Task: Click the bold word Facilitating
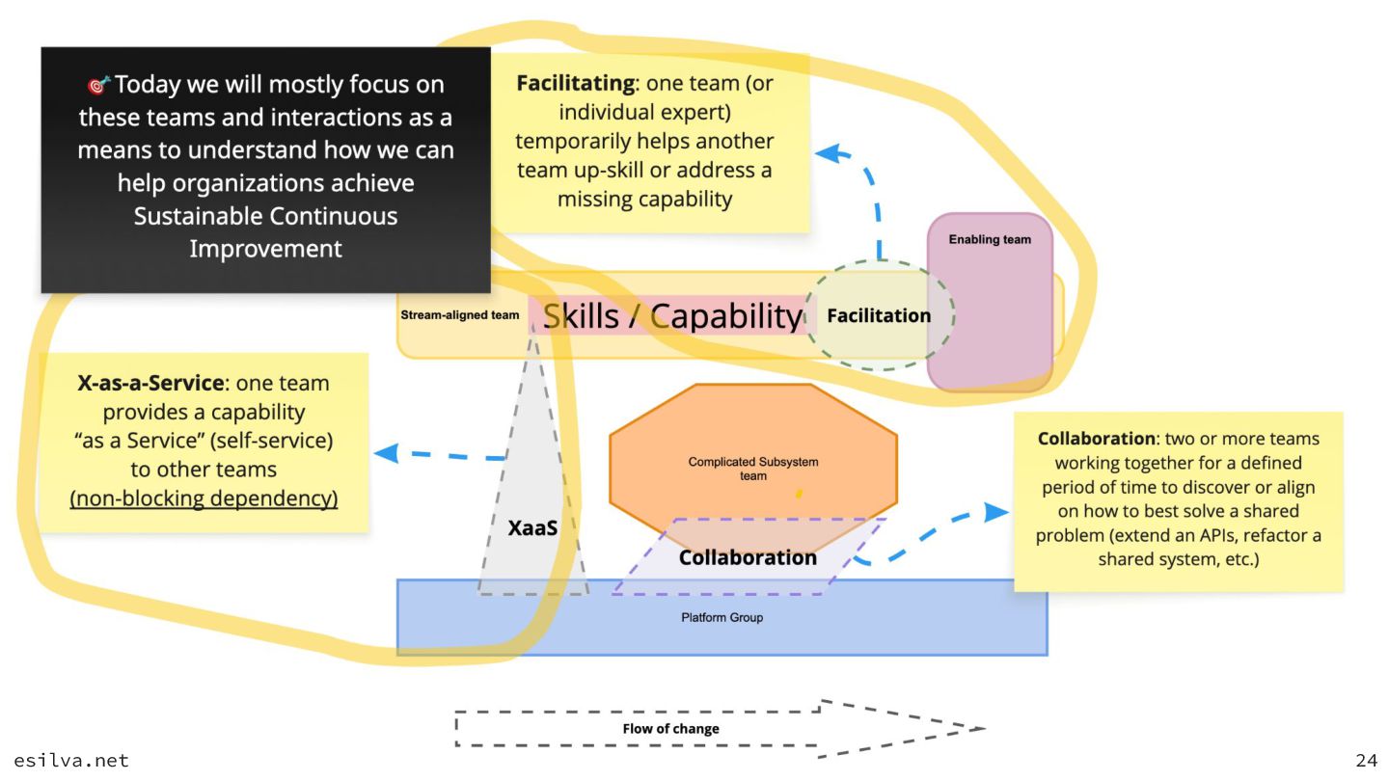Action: coord(575,83)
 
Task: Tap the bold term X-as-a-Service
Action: coord(150,384)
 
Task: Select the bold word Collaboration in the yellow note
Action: coord(1096,439)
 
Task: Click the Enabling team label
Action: coord(990,240)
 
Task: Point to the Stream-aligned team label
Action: coord(460,315)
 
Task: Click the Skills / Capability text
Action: coord(672,316)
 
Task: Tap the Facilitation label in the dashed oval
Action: coord(879,315)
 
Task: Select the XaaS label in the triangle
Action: coord(532,528)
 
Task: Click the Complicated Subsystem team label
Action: coord(753,469)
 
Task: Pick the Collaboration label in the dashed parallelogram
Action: coord(748,557)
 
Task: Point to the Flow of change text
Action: coord(670,729)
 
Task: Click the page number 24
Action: coord(1367,762)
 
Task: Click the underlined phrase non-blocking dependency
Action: coord(204,499)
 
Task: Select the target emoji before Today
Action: coord(99,86)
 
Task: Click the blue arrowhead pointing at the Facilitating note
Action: coord(827,152)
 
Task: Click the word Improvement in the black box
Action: coord(265,249)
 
